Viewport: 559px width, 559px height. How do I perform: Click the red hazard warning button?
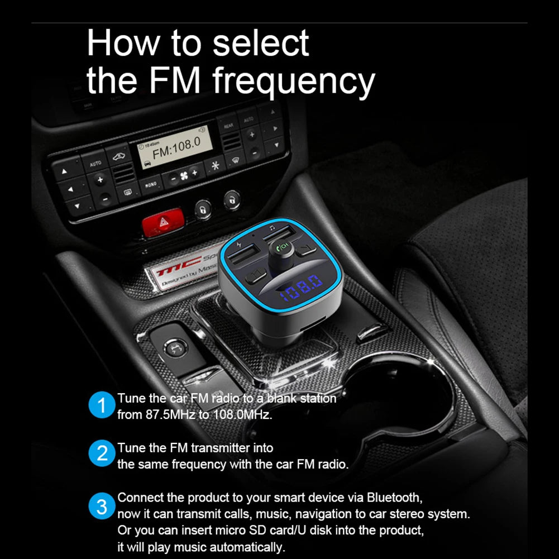tap(162, 222)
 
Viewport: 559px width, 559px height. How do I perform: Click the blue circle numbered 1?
tap(102, 406)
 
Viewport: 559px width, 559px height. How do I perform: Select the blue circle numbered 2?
tap(102, 455)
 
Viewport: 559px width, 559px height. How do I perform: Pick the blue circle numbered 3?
tap(102, 507)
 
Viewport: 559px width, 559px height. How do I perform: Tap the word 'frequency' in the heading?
tap(294, 82)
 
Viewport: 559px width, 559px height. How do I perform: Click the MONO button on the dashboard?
tap(150, 183)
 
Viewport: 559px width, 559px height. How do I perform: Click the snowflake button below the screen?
tap(214, 165)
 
